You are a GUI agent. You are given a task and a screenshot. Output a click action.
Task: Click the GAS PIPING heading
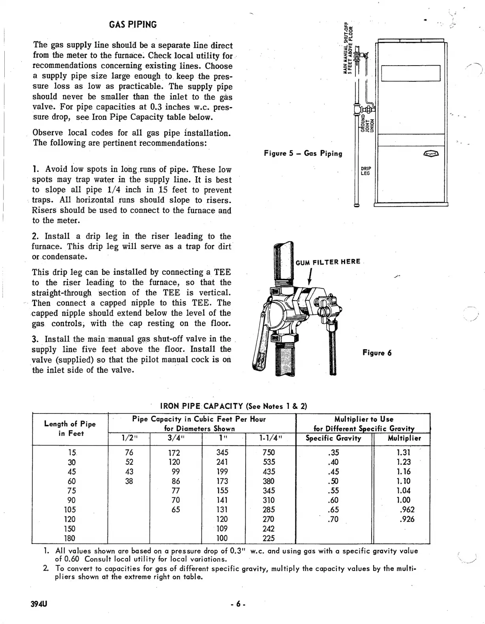(x=133, y=24)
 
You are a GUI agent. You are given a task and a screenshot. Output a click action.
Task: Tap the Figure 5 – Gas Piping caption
(x=303, y=153)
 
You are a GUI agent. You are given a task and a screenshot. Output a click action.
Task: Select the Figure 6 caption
(x=377, y=353)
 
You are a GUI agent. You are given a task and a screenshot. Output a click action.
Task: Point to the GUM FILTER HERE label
(x=328, y=261)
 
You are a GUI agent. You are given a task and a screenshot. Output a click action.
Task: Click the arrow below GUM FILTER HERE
(x=310, y=276)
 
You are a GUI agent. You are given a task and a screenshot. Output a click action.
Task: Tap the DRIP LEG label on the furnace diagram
(x=366, y=171)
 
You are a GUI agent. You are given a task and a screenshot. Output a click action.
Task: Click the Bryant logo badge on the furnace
(x=432, y=154)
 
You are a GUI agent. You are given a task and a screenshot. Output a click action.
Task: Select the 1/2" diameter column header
(x=129, y=438)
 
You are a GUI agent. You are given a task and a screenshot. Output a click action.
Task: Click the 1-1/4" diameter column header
(x=271, y=438)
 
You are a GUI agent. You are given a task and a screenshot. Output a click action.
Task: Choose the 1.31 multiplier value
(x=403, y=453)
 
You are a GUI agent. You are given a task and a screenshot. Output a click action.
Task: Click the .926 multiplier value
(x=407, y=519)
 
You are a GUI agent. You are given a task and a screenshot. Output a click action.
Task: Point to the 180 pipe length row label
(x=70, y=538)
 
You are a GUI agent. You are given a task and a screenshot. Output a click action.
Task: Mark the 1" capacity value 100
(x=222, y=538)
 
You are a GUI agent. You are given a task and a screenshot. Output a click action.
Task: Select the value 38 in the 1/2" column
(x=129, y=481)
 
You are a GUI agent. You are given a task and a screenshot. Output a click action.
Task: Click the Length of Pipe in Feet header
(x=70, y=429)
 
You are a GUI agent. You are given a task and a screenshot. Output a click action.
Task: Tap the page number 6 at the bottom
(x=238, y=604)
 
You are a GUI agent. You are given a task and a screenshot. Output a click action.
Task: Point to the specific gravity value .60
(x=333, y=500)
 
